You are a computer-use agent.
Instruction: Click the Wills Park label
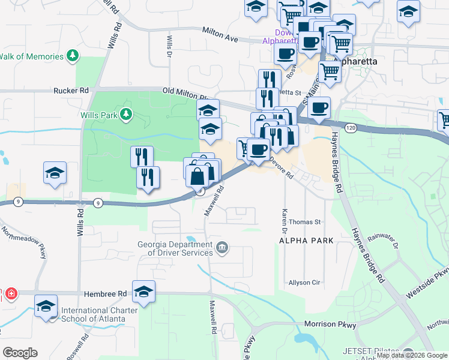coord(100,114)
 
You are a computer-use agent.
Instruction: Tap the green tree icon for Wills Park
coord(126,114)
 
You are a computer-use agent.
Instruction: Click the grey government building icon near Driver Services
coord(222,247)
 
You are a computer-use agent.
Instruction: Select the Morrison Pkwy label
coord(330,325)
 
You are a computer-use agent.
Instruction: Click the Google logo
coord(19,353)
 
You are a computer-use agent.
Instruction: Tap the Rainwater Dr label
coord(383,241)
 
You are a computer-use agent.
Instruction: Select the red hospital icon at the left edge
coord(11,294)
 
